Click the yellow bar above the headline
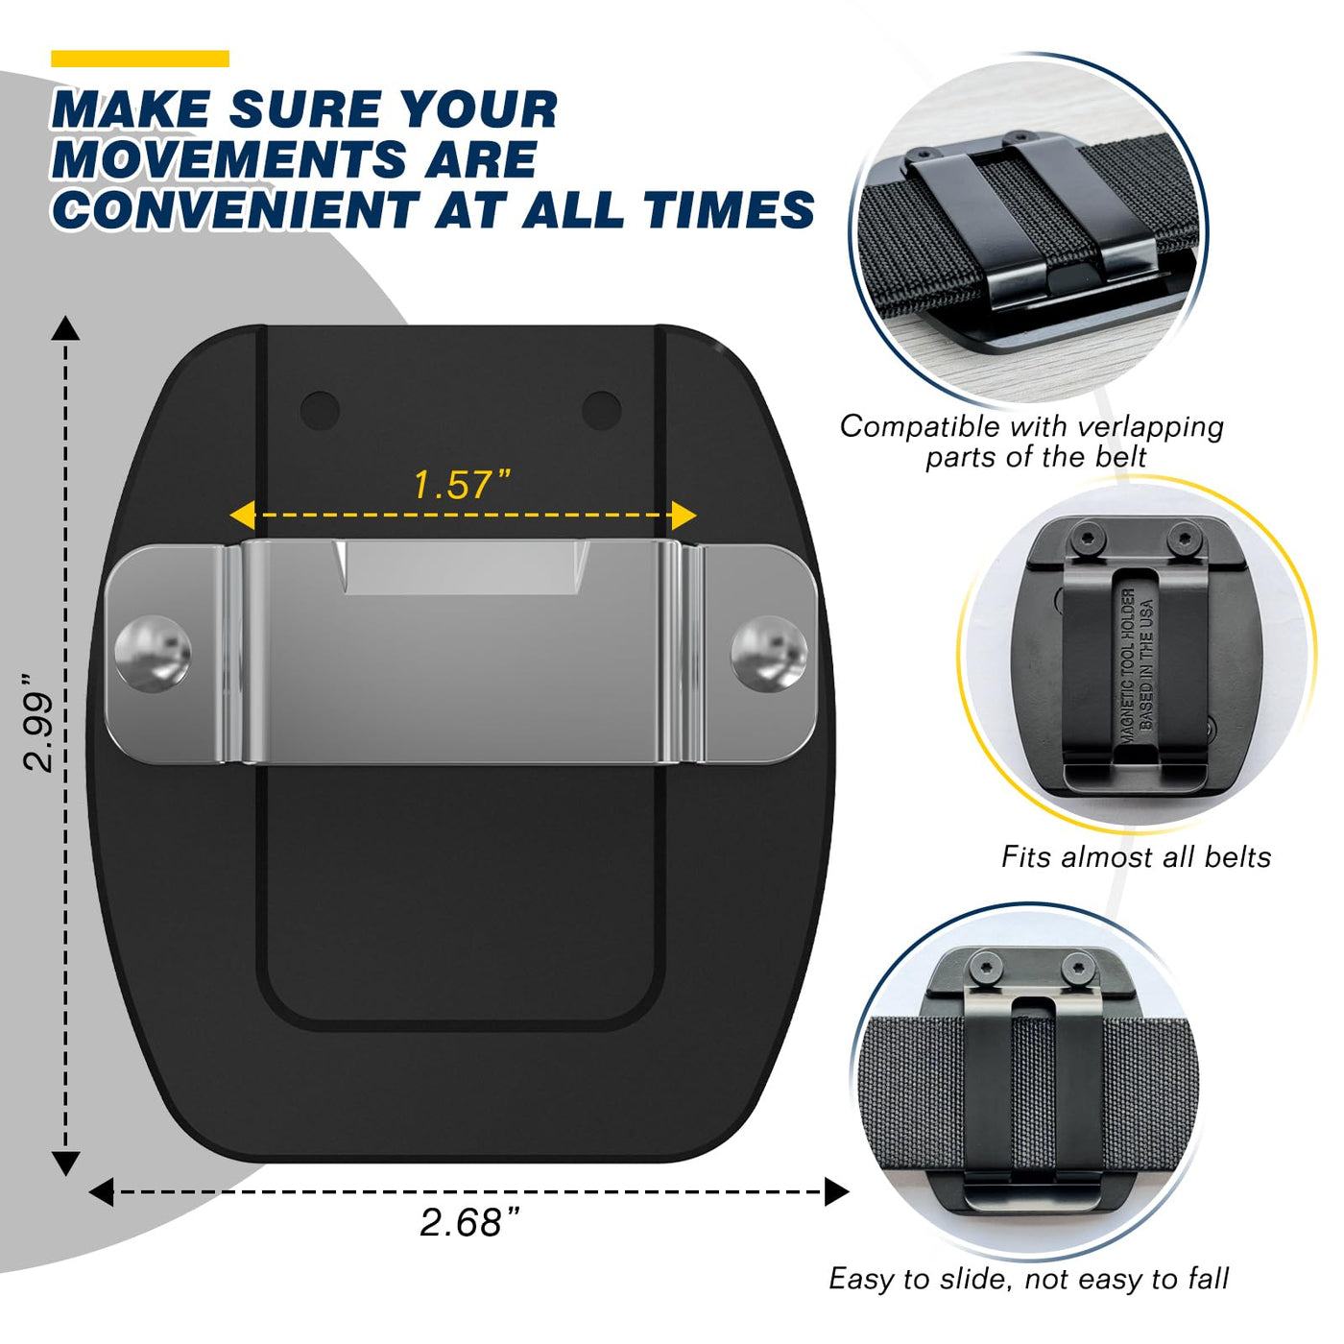[140, 59]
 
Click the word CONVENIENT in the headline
[236, 209]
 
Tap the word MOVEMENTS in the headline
[228, 159]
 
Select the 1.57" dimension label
[463, 485]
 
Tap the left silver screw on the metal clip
[153, 654]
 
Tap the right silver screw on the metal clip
[769, 654]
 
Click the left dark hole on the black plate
[320, 410]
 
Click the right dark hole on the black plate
[601, 410]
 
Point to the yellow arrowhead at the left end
[241, 516]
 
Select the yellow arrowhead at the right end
[684, 516]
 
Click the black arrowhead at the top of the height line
[65, 328]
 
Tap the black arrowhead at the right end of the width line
[836, 1191]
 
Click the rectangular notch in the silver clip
[462, 567]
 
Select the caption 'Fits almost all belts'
[1136, 856]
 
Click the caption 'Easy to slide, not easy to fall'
[1028, 1279]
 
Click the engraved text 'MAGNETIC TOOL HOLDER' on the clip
[1128, 666]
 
